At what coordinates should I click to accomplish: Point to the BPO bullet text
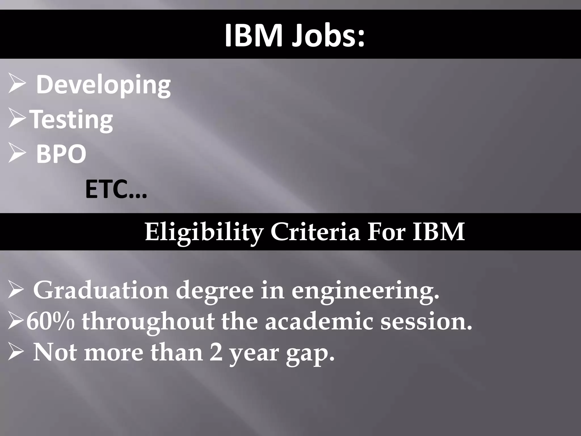pos(61,154)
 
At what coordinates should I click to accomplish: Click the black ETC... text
pos(116,190)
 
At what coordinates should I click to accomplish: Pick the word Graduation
pos(101,290)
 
